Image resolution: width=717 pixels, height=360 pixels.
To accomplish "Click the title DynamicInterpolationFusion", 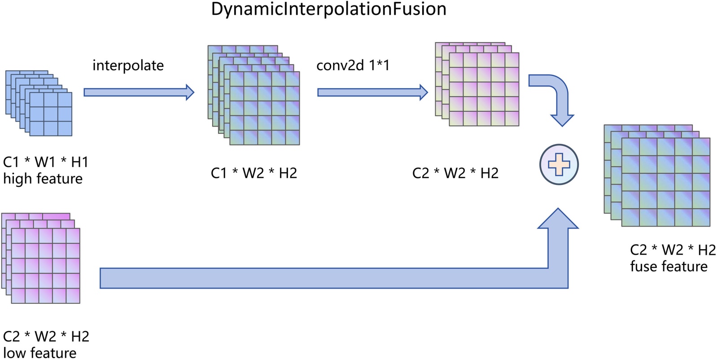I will tap(328, 9).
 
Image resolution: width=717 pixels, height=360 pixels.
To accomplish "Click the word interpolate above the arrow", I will tap(128, 66).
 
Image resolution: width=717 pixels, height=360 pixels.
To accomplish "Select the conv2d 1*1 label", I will tap(353, 66).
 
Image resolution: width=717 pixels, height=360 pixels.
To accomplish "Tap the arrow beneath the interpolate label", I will tap(139, 92).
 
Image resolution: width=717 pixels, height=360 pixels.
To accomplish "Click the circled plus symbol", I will tap(559, 165).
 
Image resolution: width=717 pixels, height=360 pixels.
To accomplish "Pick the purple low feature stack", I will tap(41, 259).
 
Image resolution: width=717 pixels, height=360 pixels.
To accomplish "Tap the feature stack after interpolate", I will tap(254, 95).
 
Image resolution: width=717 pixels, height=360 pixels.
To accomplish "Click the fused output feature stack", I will tap(657, 176).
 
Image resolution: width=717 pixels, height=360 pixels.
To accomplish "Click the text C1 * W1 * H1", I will tap(45, 162).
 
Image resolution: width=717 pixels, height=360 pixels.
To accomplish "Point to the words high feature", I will tap(43, 179).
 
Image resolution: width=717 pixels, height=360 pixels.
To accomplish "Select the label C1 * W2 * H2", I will tap(254, 173).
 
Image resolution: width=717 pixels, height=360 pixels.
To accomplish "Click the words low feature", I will tap(39, 353).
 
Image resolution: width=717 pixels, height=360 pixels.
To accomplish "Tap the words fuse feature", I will tap(669, 267).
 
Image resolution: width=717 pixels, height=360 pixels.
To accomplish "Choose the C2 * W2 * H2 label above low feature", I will tap(46, 336).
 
